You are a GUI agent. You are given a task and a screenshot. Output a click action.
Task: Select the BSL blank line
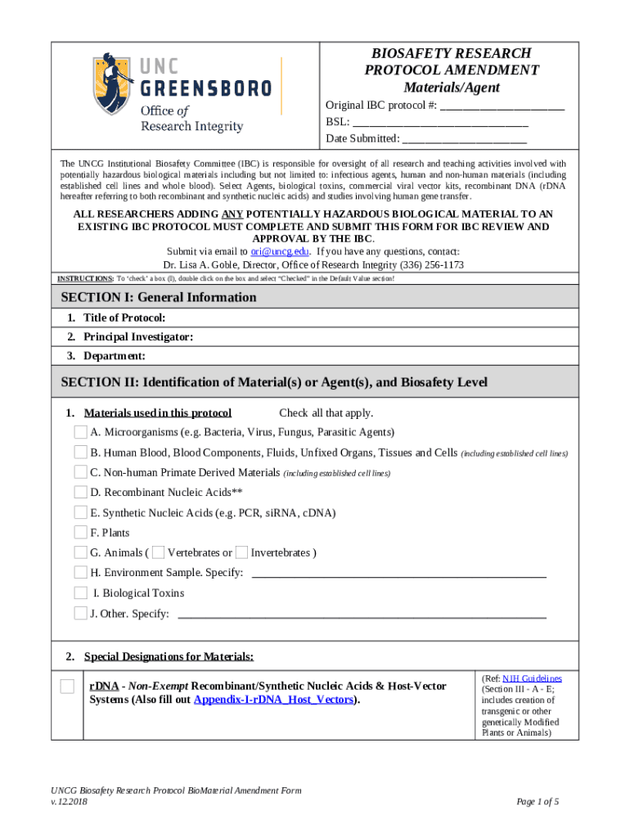coord(440,122)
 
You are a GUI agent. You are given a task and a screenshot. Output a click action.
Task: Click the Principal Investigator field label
coord(138,337)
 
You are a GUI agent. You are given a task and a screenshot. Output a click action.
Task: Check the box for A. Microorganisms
coord(80,431)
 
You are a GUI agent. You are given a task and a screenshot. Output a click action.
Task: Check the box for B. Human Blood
coord(80,452)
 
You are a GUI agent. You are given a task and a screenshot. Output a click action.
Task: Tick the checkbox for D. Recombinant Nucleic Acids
coord(80,492)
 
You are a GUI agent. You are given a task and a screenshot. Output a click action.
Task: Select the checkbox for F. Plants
coord(80,532)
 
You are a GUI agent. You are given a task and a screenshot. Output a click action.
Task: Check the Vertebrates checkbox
coord(159,552)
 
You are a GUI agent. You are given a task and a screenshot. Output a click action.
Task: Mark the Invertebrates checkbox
coord(241,552)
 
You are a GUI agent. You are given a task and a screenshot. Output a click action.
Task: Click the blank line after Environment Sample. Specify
coord(398,574)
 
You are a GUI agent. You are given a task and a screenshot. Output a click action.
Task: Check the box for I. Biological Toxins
coord(80,592)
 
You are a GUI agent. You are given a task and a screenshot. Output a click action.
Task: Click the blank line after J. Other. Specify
coord(362,614)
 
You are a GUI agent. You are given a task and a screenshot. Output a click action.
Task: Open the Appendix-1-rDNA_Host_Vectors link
coord(274,700)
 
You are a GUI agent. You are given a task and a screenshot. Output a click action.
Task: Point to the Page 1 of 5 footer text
coord(538,801)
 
